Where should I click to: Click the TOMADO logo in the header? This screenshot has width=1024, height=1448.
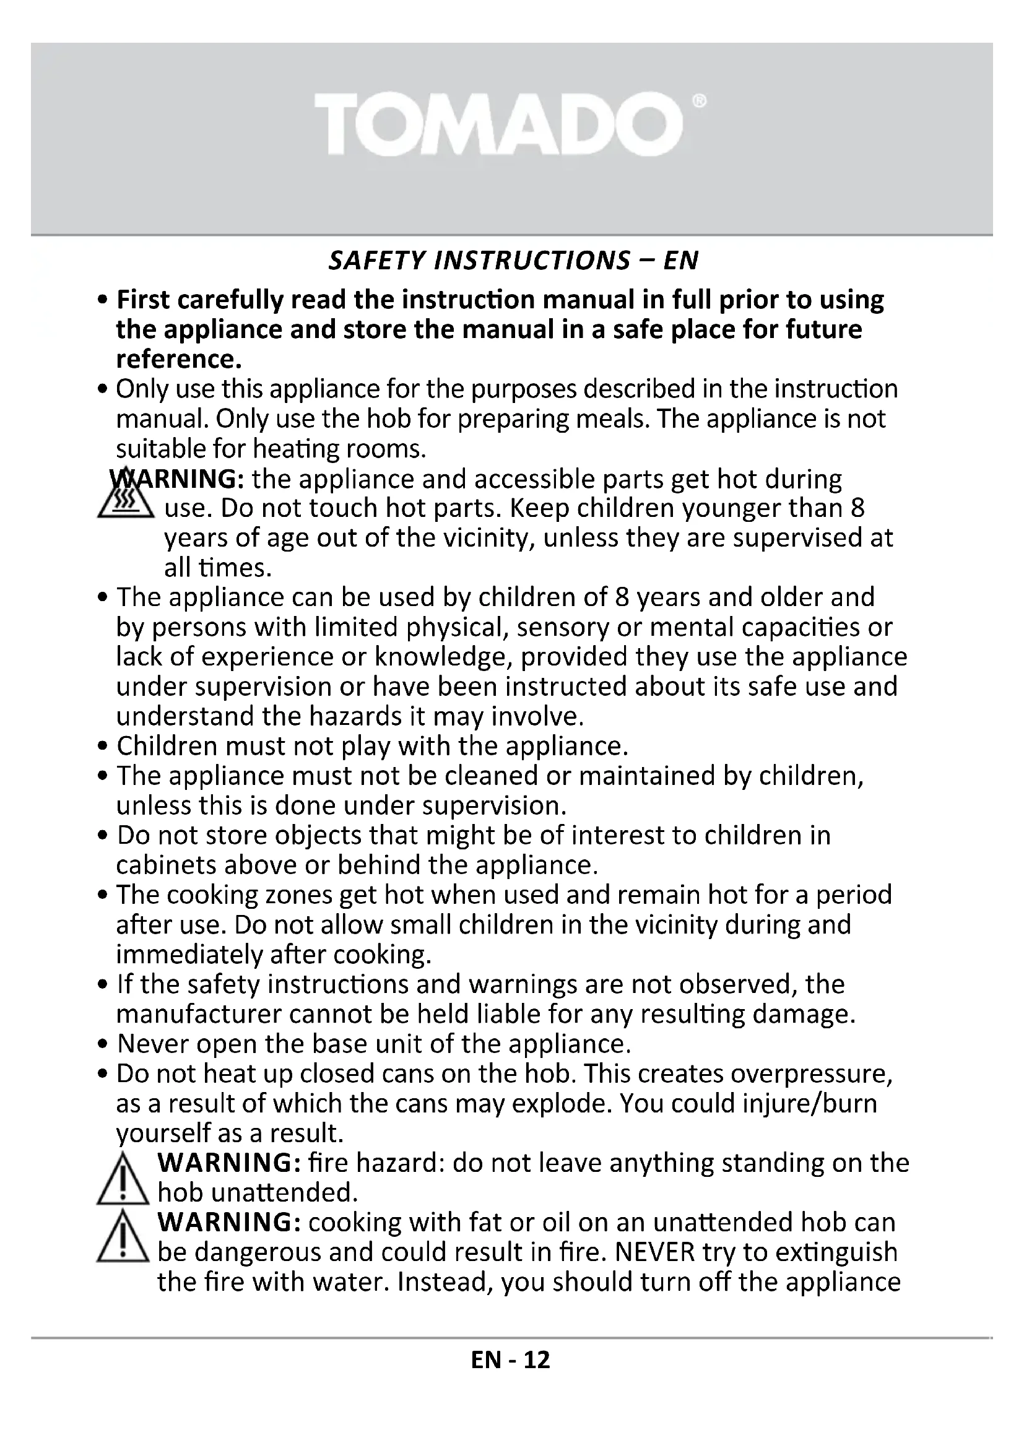pos(498,123)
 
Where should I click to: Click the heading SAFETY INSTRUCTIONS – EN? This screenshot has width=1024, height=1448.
pos(513,261)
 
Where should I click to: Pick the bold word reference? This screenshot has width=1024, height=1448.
pos(179,360)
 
